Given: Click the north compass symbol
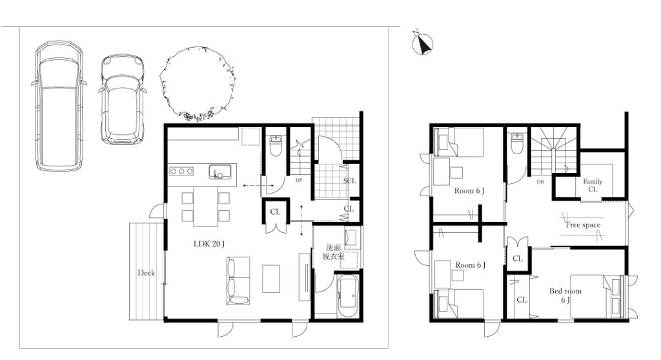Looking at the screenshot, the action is coord(423,43).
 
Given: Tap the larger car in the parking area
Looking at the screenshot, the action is coord(59,106).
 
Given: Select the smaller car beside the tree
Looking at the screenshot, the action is coord(122,99).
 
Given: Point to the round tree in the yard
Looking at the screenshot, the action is coord(197,84).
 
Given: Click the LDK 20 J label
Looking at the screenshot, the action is coord(209,244).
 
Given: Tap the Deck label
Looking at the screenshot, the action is coord(147,273).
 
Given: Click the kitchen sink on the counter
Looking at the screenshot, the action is coord(220,172).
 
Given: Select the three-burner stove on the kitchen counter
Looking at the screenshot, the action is coord(181,171).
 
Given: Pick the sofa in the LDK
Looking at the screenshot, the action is coord(238,281).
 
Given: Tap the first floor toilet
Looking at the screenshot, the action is coord(275,146).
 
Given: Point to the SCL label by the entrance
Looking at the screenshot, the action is coord(349,181).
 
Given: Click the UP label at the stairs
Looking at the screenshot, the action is coord(299,181).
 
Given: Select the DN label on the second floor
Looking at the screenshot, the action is coord(540,182).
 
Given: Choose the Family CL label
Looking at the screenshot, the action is coord(593,185).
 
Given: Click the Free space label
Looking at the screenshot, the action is coord(583,225).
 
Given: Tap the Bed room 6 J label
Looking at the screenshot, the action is coord(565,295).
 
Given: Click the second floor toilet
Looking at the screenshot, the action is coord(516,144).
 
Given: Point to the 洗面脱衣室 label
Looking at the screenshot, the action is coord(333,252).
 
